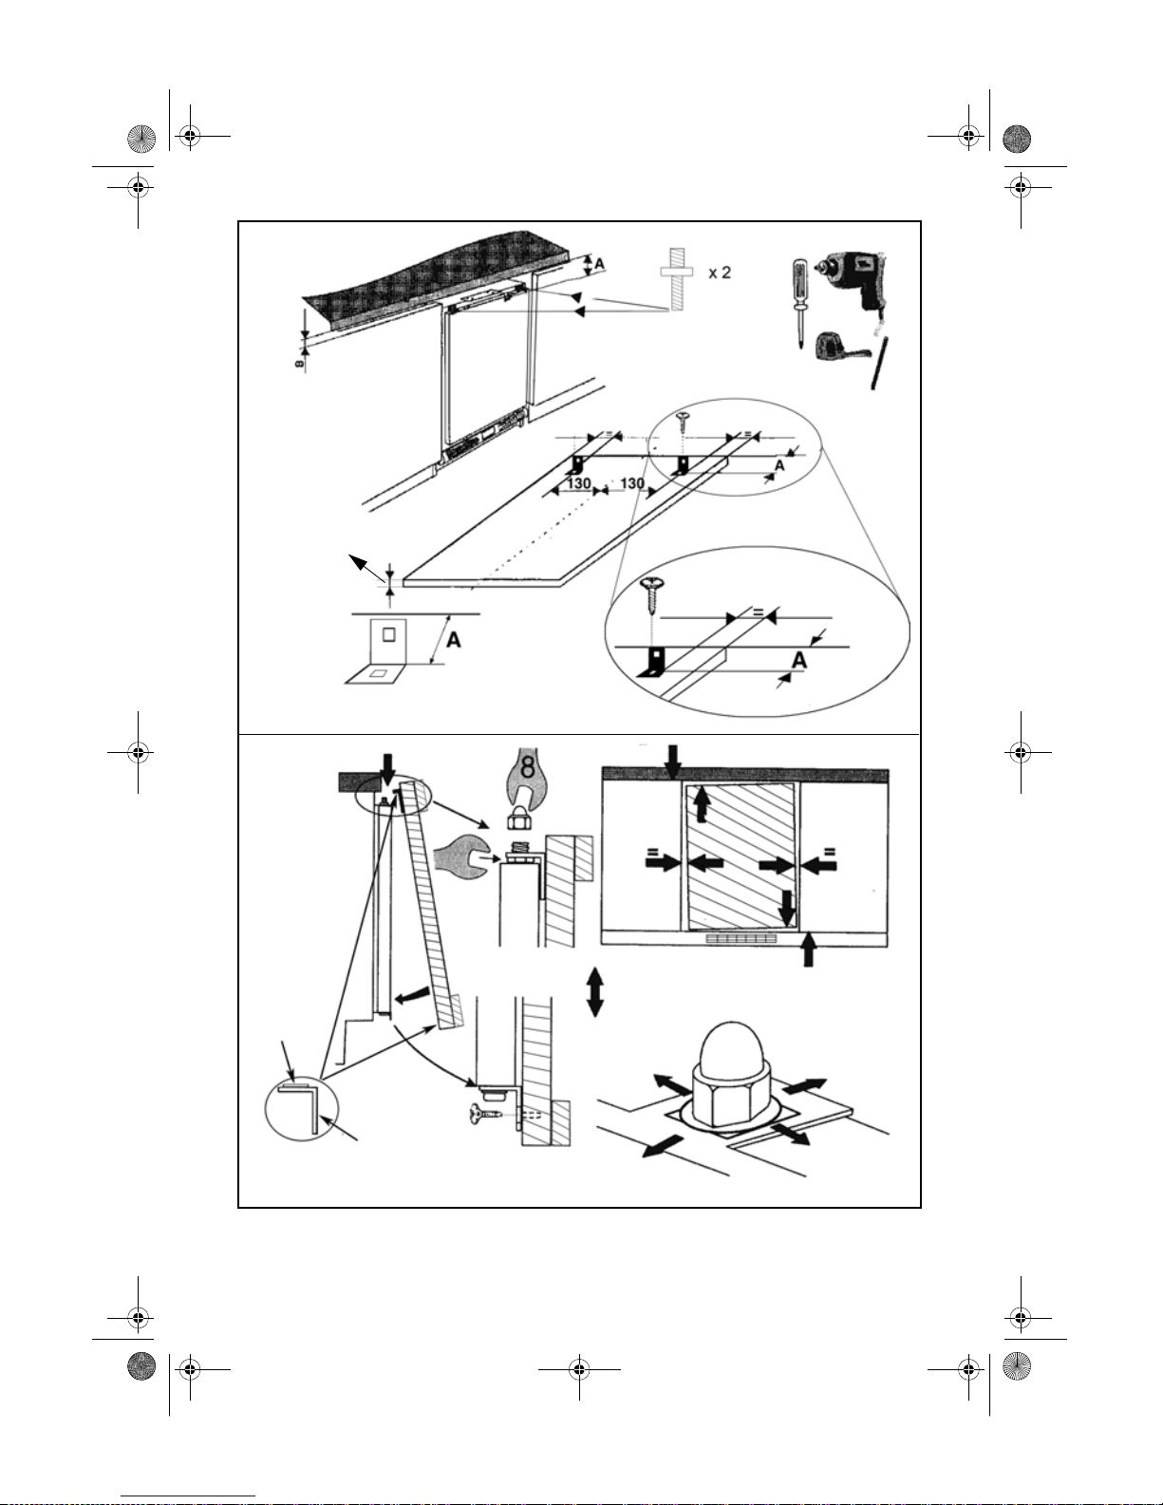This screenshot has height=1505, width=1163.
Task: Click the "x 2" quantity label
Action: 720,273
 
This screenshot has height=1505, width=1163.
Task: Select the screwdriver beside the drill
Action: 799,303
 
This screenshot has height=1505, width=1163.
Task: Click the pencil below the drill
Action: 879,364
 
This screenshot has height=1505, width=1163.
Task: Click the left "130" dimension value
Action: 579,483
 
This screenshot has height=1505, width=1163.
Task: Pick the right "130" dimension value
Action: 632,483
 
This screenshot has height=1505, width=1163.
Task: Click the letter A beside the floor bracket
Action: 454,639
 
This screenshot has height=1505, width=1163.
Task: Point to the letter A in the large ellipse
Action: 798,660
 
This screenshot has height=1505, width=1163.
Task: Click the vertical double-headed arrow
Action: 594,992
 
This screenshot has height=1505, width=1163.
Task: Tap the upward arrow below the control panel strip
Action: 808,949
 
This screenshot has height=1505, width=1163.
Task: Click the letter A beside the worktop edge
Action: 599,264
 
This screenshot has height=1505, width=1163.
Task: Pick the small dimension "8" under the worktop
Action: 300,363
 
